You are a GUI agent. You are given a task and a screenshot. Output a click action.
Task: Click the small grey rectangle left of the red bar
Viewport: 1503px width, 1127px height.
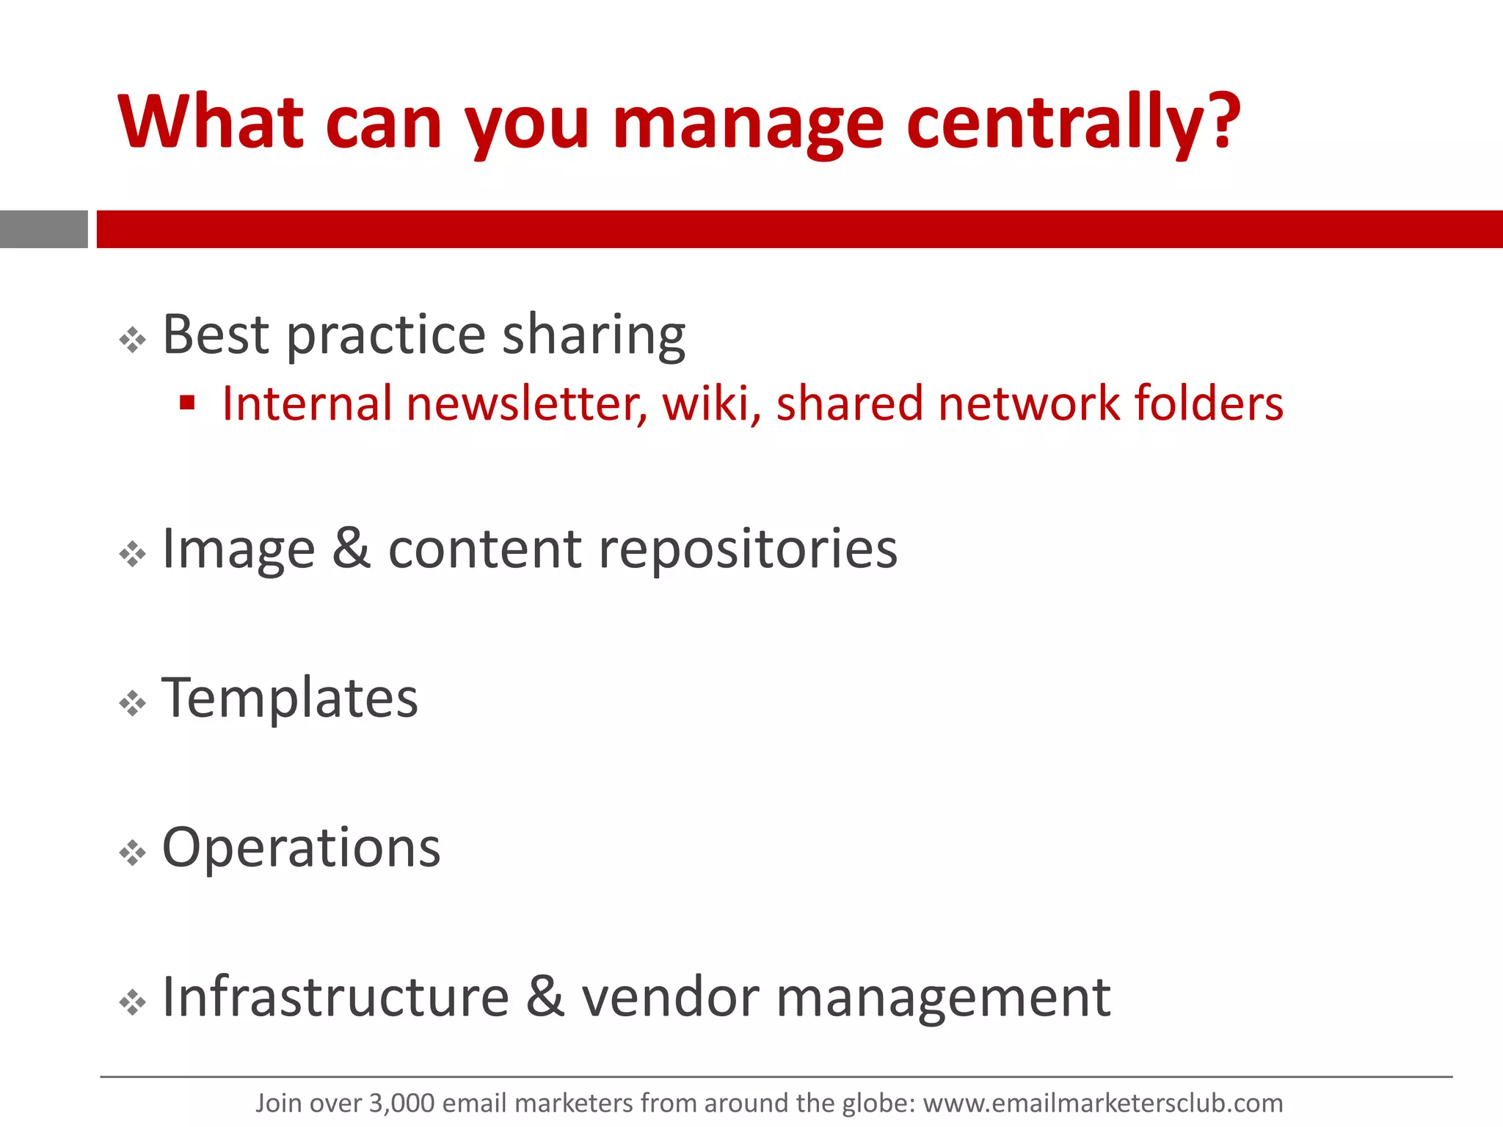[x=43, y=229]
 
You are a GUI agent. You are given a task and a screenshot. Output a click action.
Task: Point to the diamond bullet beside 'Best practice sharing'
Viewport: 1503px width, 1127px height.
[x=132, y=340]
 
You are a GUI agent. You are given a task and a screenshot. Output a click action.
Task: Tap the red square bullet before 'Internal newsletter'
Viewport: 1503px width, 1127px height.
[x=187, y=402]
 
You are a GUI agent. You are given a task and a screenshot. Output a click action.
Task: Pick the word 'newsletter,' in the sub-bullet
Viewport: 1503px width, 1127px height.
[x=526, y=404]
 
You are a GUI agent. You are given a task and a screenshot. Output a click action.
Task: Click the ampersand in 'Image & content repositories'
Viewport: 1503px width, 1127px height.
[x=351, y=548]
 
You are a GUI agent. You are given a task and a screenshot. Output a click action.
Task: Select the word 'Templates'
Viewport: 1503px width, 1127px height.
[x=290, y=698]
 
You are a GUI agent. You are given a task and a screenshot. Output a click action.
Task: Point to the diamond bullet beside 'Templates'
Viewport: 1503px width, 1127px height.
[x=132, y=704]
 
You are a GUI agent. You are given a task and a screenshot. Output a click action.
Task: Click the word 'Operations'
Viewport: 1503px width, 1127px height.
[x=301, y=847]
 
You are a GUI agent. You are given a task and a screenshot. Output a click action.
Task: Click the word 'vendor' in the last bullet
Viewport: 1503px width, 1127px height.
[x=671, y=998]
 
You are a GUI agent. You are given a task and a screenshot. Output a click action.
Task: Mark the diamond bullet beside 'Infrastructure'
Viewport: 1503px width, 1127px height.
[x=132, y=1002]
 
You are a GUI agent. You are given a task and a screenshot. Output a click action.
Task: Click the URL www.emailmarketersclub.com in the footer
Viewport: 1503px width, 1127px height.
[x=1102, y=1103]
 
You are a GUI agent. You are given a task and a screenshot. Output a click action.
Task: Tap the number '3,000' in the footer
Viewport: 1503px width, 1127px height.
[x=402, y=1103]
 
